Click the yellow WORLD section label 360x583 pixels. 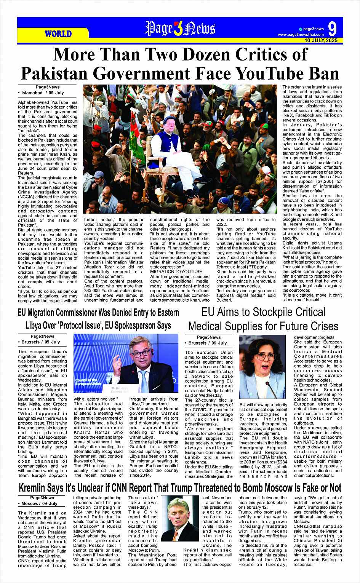point(58,34)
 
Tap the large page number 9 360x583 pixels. point(332,29)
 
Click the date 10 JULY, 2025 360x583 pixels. point(321,40)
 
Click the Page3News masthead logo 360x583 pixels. point(180,29)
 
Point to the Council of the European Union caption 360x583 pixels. point(88,382)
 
